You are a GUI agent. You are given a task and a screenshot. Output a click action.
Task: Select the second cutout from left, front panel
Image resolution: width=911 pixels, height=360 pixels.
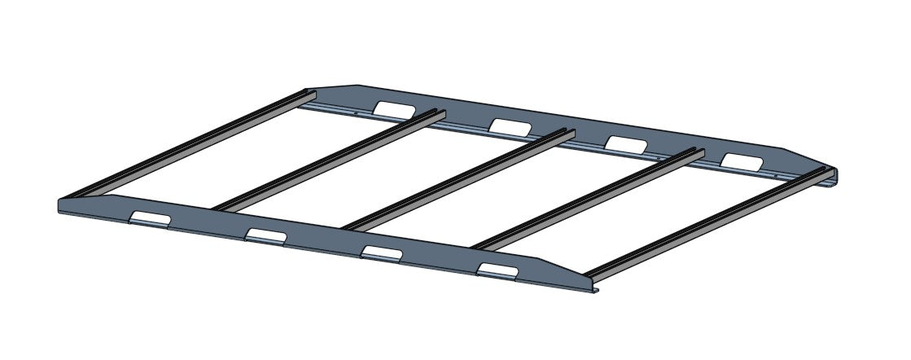265,235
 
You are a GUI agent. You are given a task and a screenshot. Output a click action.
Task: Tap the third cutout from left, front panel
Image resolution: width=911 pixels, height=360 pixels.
381,252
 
